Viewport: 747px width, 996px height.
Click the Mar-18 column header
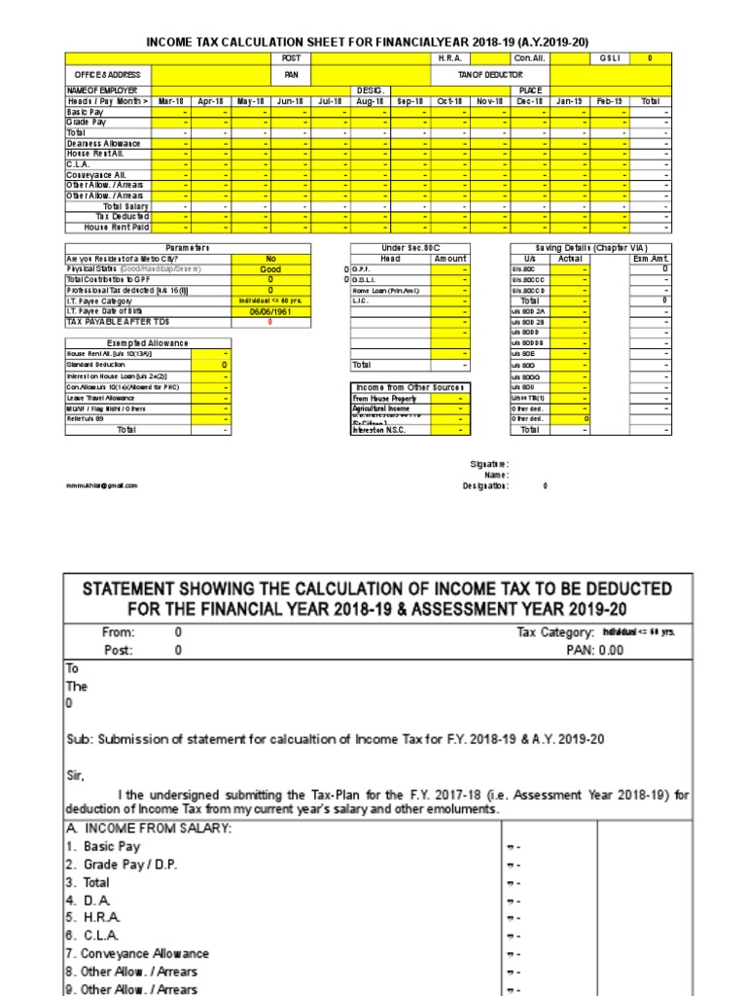172,101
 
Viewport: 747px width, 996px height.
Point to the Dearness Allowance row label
103,143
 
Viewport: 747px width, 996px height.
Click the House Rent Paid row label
117,227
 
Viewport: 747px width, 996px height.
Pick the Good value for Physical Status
270,269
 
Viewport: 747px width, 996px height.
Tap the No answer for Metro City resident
270,259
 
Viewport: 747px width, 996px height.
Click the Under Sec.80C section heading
410,248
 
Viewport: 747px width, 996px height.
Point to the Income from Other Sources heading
410,388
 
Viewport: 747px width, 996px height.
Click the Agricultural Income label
382,409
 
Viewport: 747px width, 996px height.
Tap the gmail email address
102,484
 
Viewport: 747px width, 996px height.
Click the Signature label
489,464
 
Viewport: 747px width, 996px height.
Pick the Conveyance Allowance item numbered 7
137,954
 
